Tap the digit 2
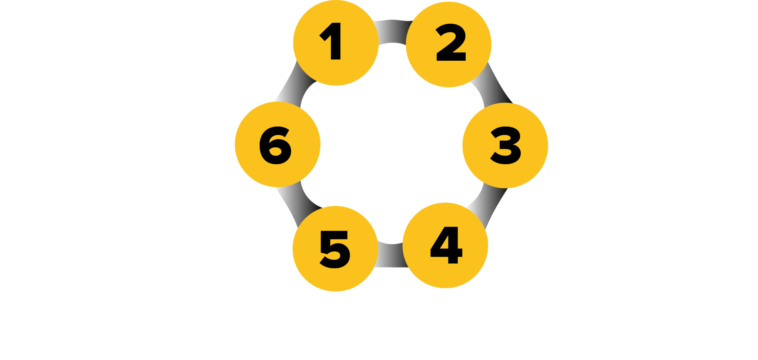451,42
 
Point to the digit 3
506,145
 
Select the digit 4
446,245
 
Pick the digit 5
335,249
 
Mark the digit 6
275,145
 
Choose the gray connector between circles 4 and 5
391,255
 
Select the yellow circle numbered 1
336,43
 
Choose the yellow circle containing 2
449,44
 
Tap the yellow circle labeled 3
505,145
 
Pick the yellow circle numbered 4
445,245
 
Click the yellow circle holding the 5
335,249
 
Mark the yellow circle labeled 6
278,144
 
